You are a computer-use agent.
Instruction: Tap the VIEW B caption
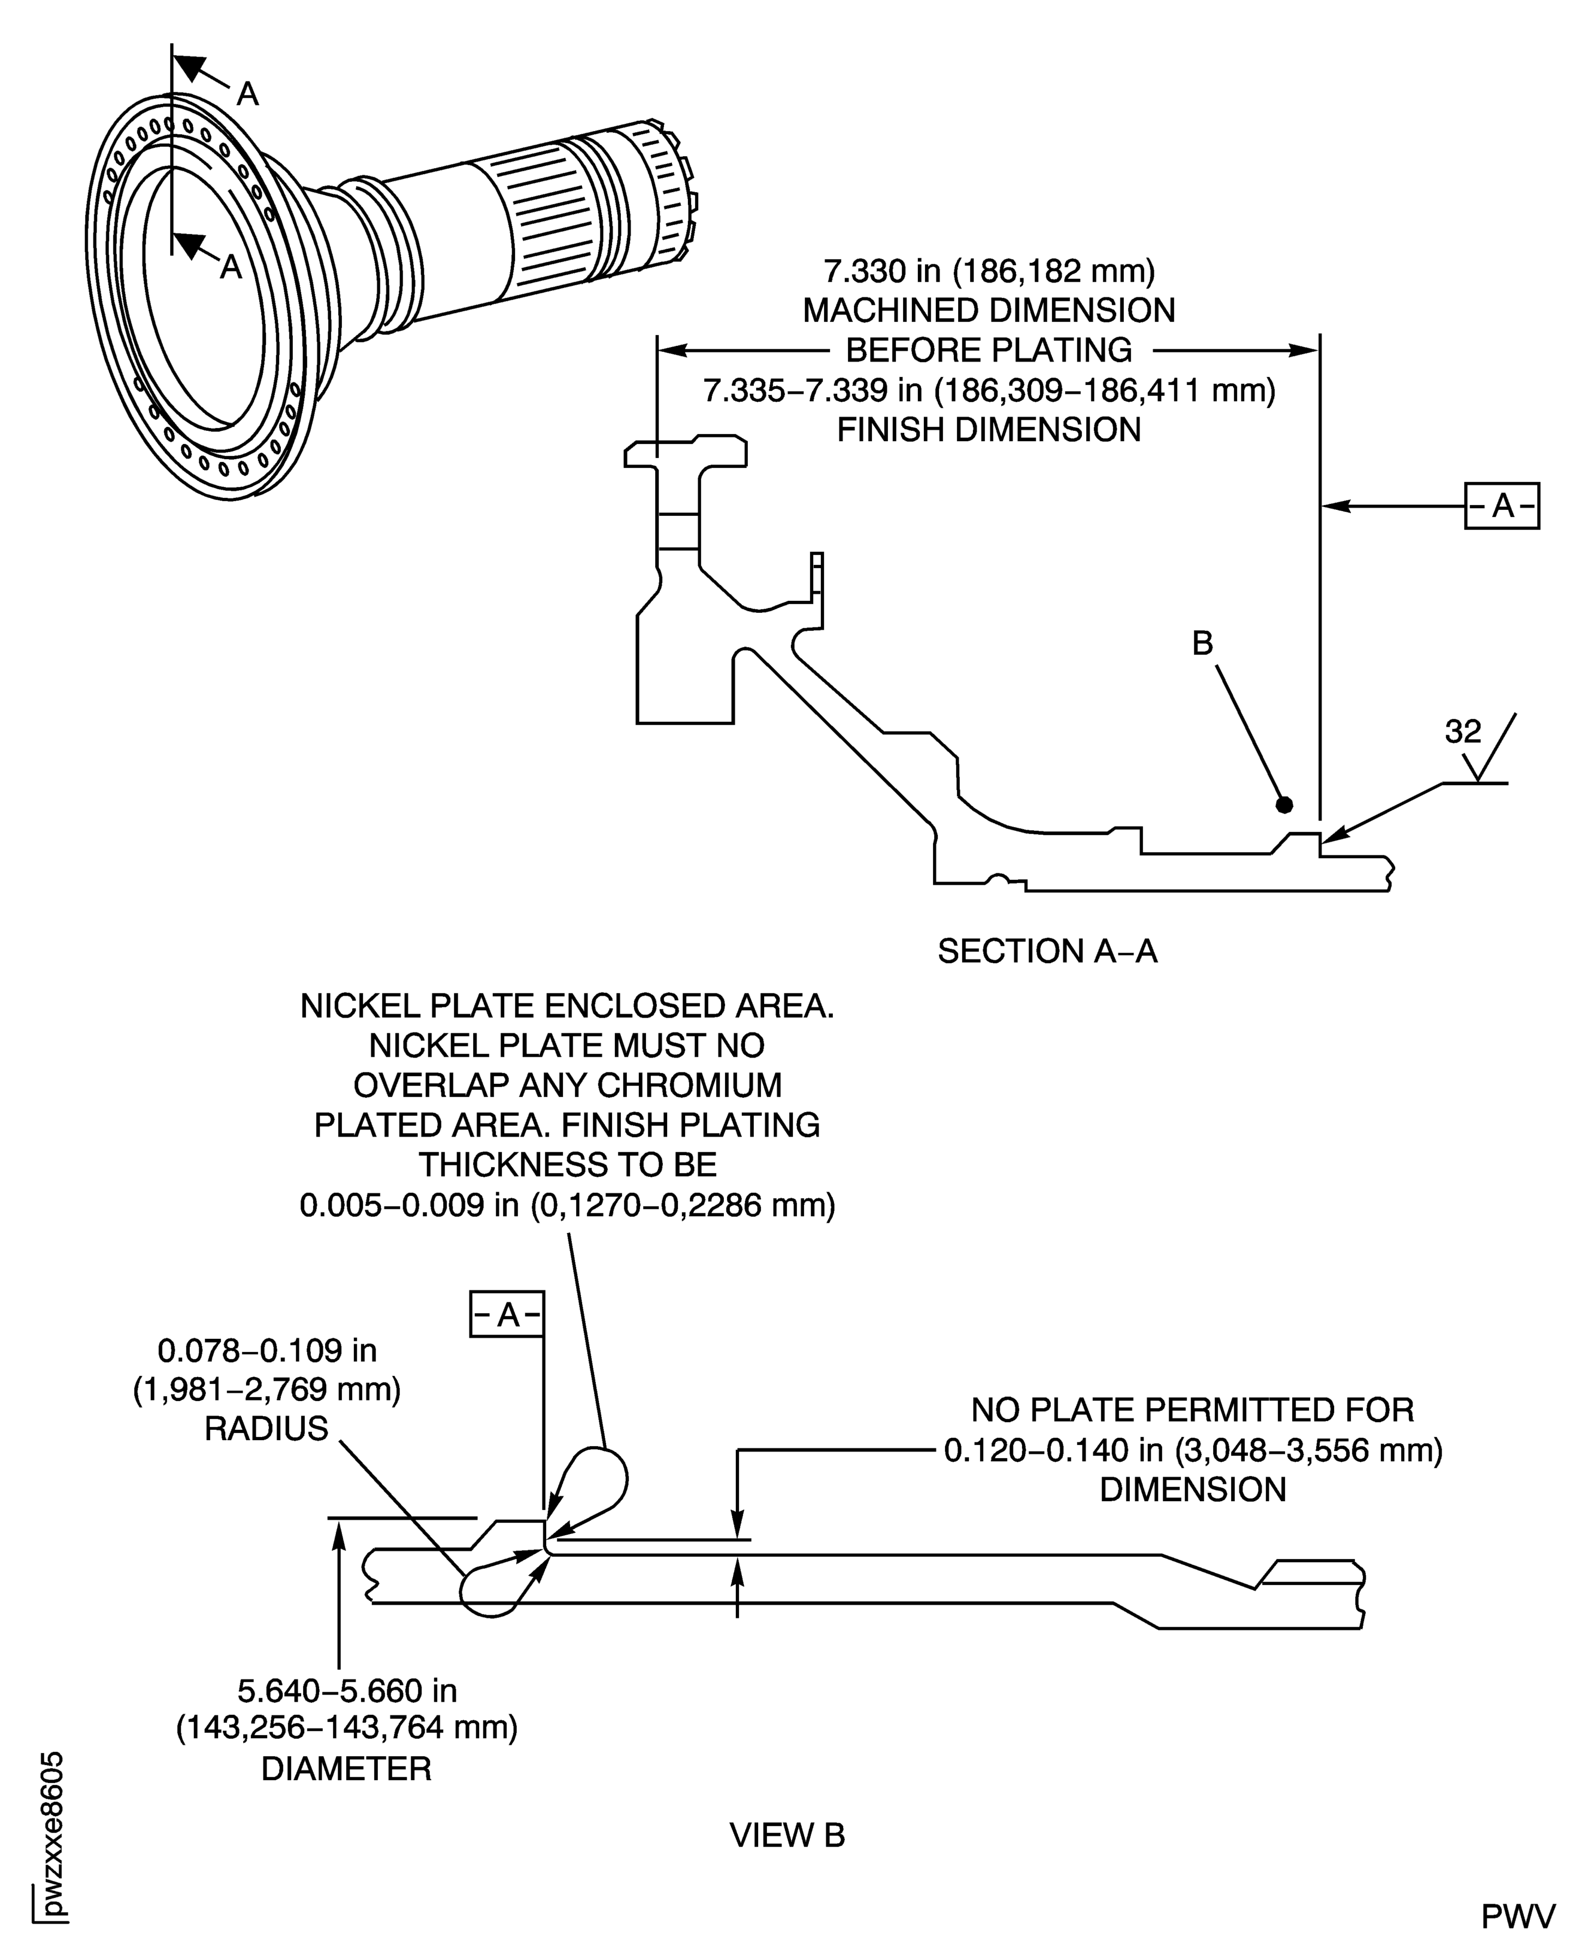coord(787,1834)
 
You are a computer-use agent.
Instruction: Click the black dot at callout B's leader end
coord(1284,804)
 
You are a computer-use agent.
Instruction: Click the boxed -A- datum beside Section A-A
coord(1502,506)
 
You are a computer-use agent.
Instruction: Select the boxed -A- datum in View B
coord(507,1314)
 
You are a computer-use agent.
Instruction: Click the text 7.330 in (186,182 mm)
coord(989,271)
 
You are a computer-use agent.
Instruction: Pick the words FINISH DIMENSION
coord(989,429)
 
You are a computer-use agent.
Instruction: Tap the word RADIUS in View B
coord(266,1429)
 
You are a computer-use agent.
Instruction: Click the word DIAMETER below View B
coord(346,1768)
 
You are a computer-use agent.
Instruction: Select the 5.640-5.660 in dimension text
coord(347,1690)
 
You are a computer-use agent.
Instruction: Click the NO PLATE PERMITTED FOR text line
coord(1192,1410)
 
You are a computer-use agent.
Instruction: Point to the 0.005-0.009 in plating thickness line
coord(567,1205)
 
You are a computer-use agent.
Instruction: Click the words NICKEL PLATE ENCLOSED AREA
coord(567,1006)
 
